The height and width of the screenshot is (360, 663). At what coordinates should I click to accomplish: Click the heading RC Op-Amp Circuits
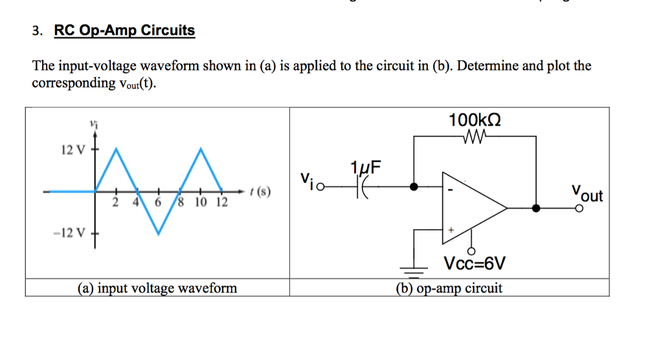(x=124, y=30)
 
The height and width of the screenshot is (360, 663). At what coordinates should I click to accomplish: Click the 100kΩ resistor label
(x=475, y=120)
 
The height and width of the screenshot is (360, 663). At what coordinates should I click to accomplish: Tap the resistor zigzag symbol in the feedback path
(x=475, y=137)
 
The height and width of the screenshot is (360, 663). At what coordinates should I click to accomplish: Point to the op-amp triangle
(x=469, y=207)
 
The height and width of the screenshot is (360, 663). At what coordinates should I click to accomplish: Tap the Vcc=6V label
(x=475, y=264)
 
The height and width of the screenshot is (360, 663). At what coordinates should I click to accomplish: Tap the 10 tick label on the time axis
(x=201, y=202)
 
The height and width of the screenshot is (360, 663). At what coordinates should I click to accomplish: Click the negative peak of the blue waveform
(x=159, y=232)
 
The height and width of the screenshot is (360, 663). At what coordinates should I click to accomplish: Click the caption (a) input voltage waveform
(x=157, y=287)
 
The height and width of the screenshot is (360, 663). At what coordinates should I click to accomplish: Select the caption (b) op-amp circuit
(x=449, y=287)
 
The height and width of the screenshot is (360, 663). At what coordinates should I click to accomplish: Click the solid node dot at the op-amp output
(x=536, y=208)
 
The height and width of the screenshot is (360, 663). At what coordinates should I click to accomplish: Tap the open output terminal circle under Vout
(x=579, y=208)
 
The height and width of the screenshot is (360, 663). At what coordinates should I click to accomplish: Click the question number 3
(x=38, y=31)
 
